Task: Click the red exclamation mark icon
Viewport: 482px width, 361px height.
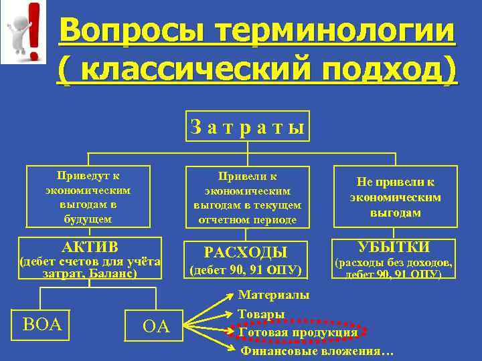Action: point(33,30)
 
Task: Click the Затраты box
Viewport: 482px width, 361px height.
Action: point(248,126)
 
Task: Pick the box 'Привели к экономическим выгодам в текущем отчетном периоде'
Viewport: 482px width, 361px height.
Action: point(248,198)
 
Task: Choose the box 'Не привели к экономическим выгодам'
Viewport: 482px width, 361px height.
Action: point(396,198)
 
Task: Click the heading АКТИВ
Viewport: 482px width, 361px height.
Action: point(90,245)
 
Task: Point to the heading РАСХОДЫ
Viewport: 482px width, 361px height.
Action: point(246,252)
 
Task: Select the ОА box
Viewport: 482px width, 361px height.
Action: point(157,326)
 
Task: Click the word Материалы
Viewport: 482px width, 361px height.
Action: point(274,295)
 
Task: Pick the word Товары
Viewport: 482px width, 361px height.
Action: point(262,314)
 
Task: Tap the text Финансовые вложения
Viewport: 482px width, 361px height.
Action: point(317,351)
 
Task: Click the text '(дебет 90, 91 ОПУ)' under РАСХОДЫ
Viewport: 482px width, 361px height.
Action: point(246,271)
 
